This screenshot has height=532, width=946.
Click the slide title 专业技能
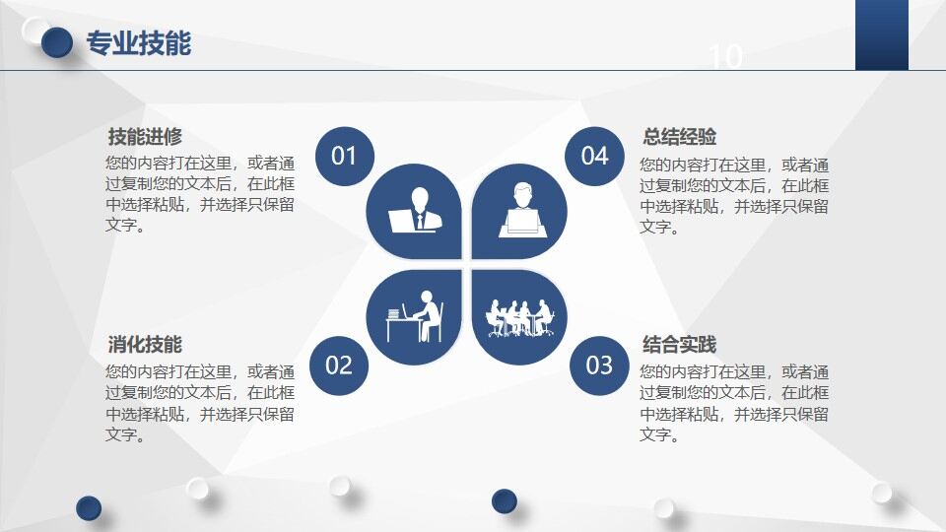click(139, 43)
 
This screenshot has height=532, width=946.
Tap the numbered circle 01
click(344, 156)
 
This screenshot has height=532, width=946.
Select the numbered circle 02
click(338, 366)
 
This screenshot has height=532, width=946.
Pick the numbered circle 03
click(599, 366)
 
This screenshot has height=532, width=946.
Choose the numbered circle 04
click(594, 156)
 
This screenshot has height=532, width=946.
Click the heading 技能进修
click(145, 137)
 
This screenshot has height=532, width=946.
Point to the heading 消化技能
click(145, 345)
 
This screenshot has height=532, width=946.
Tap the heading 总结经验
click(679, 137)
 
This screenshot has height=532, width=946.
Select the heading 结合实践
click(679, 345)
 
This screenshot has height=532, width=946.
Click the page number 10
click(725, 57)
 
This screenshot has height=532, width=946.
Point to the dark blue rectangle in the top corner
click(881, 34)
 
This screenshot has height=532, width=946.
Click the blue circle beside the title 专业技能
click(58, 41)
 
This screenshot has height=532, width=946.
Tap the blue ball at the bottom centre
click(505, 500)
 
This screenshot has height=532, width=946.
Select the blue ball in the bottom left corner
click(89, 507)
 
